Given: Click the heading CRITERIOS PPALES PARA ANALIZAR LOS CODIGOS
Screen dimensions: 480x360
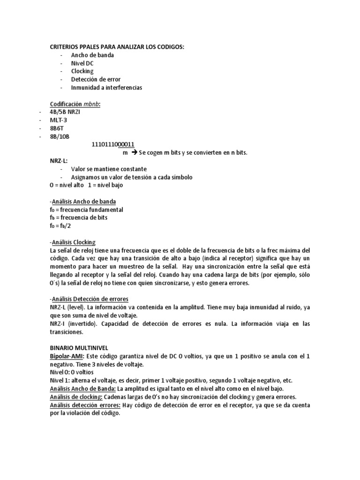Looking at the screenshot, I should pos(117,47).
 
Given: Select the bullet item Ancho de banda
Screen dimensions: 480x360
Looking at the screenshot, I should pos(92,55).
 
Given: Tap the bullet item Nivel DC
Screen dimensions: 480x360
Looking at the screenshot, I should pos(82,63).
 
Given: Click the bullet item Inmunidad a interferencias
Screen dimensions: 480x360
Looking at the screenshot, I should pos(106,88).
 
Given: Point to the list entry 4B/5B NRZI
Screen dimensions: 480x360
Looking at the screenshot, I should pos(67,112).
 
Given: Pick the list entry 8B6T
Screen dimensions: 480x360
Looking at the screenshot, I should pos(57,128).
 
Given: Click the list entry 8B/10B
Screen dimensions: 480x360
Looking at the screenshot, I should pos(59,136).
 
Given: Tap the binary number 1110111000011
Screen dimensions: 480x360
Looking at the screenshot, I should pos(114,145).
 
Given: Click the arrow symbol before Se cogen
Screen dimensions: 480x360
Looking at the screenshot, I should pos(133,153).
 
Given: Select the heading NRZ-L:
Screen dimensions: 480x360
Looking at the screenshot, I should pos(59,161).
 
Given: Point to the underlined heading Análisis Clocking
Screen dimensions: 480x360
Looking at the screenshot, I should pos(73,242).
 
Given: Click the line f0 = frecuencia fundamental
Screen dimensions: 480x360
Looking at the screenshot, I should pos(86,210).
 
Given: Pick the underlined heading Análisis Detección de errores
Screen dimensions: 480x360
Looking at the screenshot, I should pos(89,299).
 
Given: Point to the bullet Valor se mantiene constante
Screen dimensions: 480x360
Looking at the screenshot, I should pos(109,169).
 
